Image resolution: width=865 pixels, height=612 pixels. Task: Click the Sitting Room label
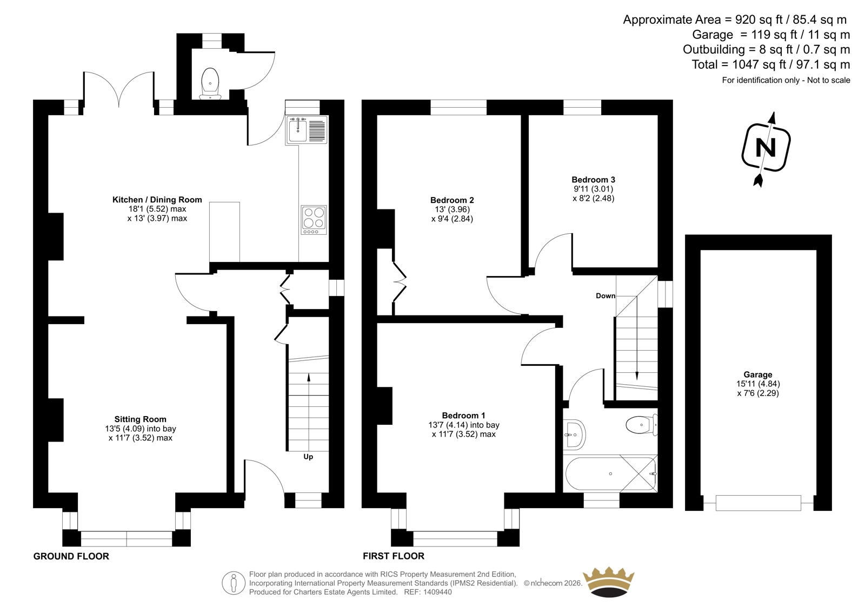140,419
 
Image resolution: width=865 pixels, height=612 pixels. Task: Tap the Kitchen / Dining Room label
157,200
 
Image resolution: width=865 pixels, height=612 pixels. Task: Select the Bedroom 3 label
594,180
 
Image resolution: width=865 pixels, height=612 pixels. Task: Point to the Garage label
757,374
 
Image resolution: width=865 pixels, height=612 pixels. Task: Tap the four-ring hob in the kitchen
314,220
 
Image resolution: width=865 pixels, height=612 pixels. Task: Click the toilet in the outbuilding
210,83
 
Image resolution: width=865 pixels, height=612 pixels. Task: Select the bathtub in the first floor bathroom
610,473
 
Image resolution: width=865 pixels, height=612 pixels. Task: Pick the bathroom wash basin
574,435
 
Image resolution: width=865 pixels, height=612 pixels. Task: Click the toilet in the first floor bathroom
641,425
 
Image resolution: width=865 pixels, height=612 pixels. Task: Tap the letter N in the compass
766,147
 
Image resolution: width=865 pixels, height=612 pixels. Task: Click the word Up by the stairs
308,457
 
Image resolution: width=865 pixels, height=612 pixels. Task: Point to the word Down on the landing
605,296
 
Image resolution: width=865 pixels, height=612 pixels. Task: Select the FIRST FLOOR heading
394,556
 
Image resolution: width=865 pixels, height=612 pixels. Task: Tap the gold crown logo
609,582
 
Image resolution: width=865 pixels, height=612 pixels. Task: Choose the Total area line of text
771,64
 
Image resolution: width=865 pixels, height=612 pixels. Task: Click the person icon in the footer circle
233,583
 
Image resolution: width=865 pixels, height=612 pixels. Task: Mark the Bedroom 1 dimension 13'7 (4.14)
448,425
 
